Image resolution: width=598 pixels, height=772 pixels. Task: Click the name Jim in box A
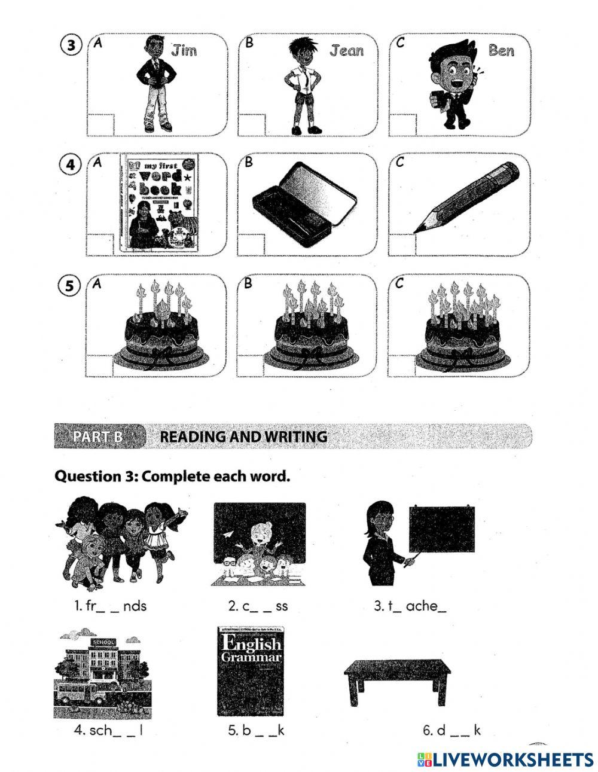pos(184,51)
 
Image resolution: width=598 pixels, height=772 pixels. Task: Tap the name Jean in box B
pos(346,51)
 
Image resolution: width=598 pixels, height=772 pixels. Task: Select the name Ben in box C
pos(501,50)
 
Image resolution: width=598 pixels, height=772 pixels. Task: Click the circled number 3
pos(72,46)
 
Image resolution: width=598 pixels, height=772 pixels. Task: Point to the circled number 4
pos(72,166)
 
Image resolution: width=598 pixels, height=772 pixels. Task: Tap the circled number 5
pos(72,286)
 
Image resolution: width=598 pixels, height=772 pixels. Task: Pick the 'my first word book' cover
pos(160,204)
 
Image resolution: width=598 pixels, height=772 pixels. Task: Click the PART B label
pos(98,436)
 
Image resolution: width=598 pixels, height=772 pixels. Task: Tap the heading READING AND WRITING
pos(243,437)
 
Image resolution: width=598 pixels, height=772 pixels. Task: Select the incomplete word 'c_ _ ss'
pos(258,606)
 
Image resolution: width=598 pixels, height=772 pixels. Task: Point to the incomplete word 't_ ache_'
pos(410,606)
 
